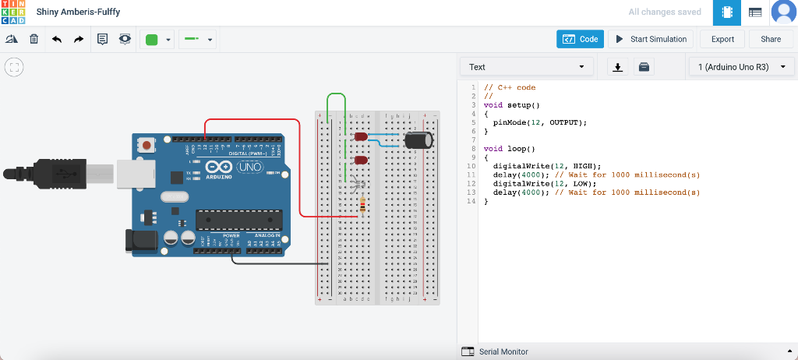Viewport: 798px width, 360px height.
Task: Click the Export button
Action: click(x=722, y=39)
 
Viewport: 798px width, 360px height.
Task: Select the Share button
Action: click(x=770, y=39)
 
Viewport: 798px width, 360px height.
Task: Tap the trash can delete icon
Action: click(x=34, y=39)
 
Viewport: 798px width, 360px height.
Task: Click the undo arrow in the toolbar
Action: click(x=57, y=39)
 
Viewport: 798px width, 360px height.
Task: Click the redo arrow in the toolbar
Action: click(x=79, y=39)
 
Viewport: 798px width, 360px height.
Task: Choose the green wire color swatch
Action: click(x=152, y=40)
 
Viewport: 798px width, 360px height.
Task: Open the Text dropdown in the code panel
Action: click(x=526, y=67)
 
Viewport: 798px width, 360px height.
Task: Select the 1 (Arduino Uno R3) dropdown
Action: click(x=740, y=67)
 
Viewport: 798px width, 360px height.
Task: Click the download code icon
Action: click(x=618, y=67)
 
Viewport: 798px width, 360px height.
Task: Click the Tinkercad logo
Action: click(x=13, y=12)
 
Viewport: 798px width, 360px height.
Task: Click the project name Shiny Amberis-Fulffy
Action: click(x=78, y=12)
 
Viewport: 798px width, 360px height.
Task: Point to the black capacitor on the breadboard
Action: click(x=418, y=140)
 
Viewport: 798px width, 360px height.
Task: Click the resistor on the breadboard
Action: click(x=362, y=205)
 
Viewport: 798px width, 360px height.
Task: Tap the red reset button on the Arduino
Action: click(x=147, y=145)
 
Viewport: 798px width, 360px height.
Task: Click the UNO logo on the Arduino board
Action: click(x=249, y=168)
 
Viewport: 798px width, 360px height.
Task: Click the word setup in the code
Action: click(x=521, y=104)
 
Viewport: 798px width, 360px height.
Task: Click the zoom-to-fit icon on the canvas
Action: click(x=14, y=68)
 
